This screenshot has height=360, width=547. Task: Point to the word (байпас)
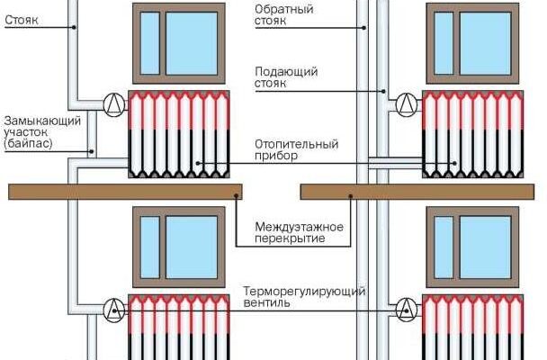coord(28,143)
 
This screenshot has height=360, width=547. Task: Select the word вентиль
coord(267,304)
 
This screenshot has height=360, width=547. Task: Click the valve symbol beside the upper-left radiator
coord(113,103)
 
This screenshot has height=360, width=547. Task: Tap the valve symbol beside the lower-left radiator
coord(113,310)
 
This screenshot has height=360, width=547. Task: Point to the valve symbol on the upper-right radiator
coord(408,103)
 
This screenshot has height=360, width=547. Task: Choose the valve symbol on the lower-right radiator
coord(408,310)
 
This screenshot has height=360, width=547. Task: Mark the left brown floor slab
coord(125,191)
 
